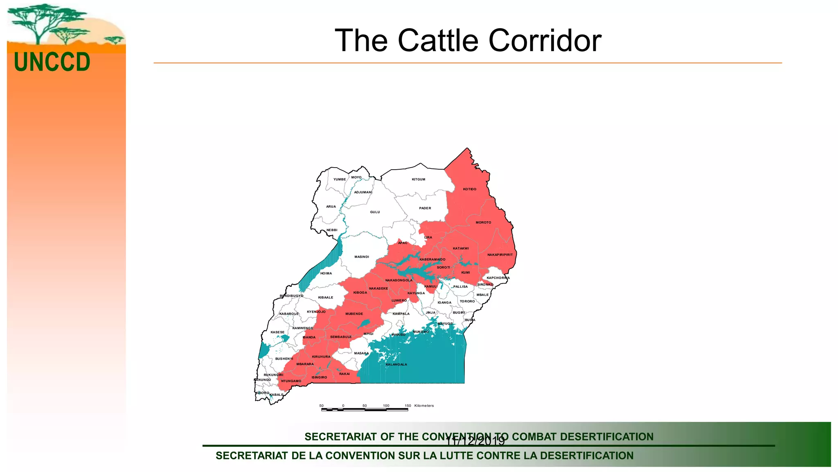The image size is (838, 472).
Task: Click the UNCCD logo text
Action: tap(52, 62)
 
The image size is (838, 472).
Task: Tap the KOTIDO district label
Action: tap(469, 189)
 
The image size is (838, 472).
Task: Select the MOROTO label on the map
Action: tap(483, 222)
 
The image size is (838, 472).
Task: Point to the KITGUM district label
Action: tap(418, 179)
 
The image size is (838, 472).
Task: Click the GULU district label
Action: tap(375, 212)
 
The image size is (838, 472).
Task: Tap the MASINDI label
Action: tap(361, 257)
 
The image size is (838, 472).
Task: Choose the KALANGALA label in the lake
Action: tap(396, 364)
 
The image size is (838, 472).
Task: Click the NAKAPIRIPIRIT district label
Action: tap(500, 255)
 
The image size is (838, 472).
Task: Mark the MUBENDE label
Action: tap(354, 314)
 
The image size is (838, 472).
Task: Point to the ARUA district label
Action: tap(331, 206)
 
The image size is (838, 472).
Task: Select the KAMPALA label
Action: tap(401, 314)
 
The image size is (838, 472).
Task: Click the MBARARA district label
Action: tap(305, 364)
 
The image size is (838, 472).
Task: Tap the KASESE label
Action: tap(277, 332)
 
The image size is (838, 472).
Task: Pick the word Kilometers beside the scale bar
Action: tap(424, 406)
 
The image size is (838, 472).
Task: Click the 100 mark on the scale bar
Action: tap(386, 406)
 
